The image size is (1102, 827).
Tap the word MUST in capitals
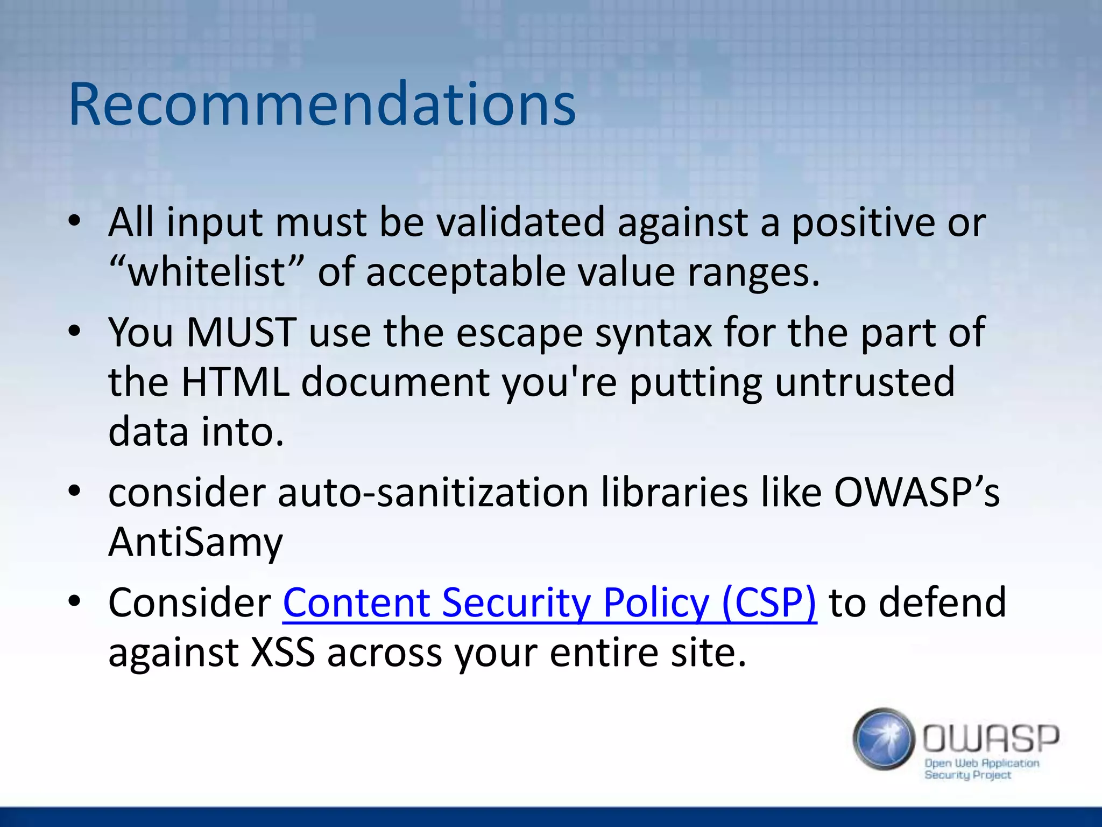click(242, 332)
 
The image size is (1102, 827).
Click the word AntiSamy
click(195, 542)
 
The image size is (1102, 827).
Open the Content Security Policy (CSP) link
click(549, 602)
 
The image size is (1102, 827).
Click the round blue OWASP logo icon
click(883, 739)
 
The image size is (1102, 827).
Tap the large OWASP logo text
click(991, 738)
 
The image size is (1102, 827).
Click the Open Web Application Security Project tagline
click(980, 769)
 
